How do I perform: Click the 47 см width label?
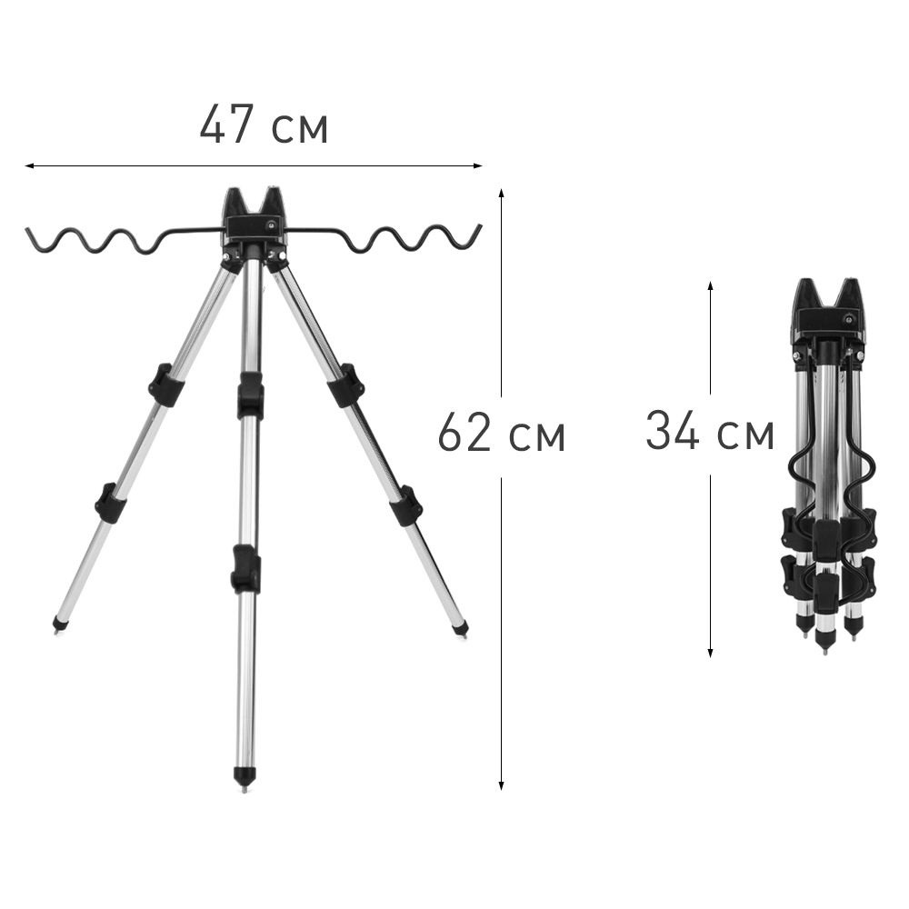(264, 124)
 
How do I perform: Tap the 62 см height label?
(502, 433)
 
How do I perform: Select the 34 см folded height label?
(710, 431)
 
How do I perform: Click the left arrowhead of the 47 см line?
(29, 165)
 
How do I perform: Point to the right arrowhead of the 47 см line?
(478, 165)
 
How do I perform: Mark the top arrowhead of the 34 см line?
(710, 286)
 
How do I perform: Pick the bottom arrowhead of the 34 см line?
(710, 653)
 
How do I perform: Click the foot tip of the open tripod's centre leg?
(244, 790)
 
